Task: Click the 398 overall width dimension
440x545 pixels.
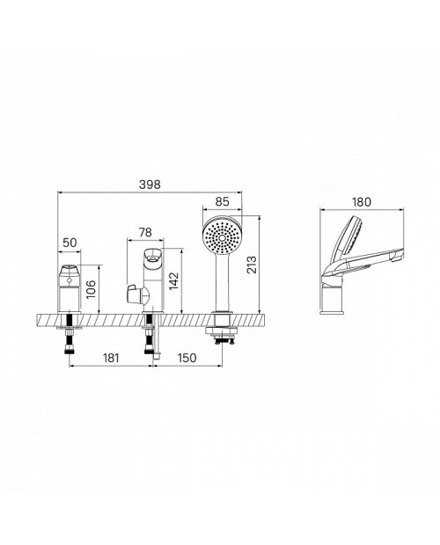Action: click(x=150, y=185)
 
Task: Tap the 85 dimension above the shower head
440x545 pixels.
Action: click(x=223, y=201)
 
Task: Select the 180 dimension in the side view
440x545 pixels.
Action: click(x=362, y=201)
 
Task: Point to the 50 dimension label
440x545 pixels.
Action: click(x=70, y=243)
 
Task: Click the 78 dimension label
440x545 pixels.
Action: click(x=145, y=232)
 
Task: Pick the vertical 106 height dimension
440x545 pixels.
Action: click(x=91, y=289)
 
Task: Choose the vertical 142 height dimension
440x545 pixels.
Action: click(x=173, y=280)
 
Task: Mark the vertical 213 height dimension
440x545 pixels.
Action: click(x=252, y=265)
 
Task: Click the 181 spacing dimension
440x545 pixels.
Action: click(x=111, y=358)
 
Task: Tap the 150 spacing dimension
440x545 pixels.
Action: click(x=187, y=358)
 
